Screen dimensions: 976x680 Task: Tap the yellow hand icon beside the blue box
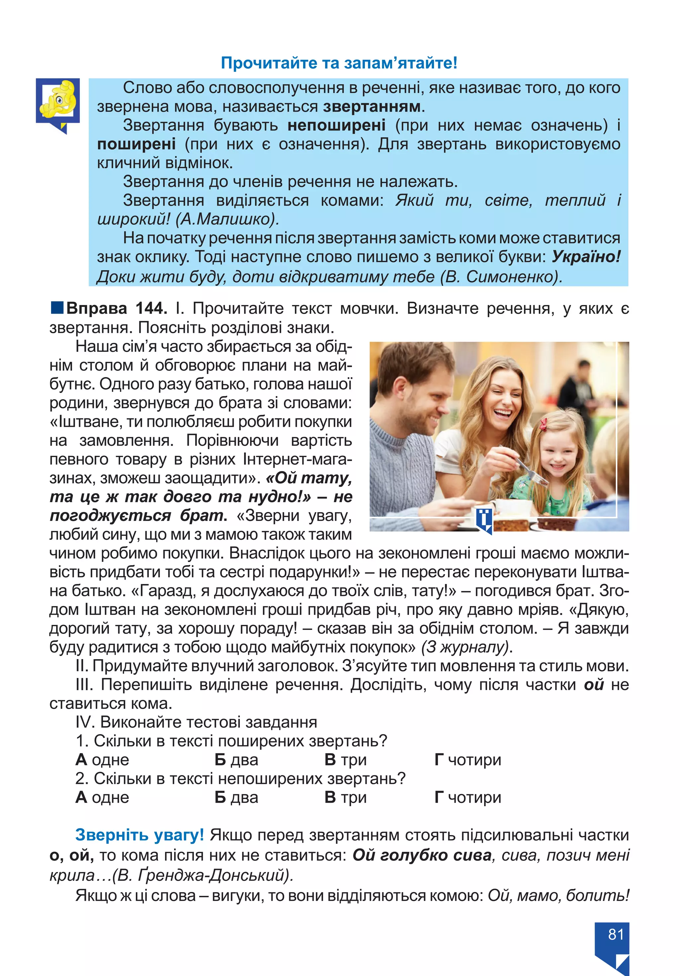[57, 100]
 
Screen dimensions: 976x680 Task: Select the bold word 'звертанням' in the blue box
[372, 106]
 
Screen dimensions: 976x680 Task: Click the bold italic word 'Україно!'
[586, 257]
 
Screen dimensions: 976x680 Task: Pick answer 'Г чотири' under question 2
[467, 797]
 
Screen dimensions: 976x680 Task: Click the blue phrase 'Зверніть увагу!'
[139, 835]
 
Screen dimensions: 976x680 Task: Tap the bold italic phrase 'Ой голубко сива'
[422, 855]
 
